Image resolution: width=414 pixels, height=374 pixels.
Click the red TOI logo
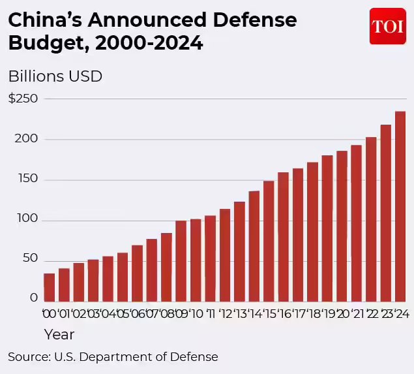pyautogui.click(x=387, y=26)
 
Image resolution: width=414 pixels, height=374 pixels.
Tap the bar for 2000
pyautogui.click(x=49, y=287)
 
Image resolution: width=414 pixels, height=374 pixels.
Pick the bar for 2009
pyautogui.click(x=181, y=261)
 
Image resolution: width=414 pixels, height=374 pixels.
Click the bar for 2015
pyautogui.click(x=269, y=241)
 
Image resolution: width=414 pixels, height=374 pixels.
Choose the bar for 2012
pyautogui.click(x=225, y=255)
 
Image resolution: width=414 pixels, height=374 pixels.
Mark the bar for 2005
pyautogui.click(x=122, y=277)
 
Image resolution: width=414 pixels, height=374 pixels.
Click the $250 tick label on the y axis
pyautogui.click(x=23, y=99)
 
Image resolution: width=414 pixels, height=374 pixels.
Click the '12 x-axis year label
pyautogui.click(x=225, y=314)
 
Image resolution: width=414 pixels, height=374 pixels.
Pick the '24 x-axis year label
pyautogui.click(x=400, y=314)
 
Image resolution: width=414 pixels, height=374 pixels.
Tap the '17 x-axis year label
pyautogui.click(x=298, y=314)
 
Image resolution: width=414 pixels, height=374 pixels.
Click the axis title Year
pyautogui.click(x=59, y=335)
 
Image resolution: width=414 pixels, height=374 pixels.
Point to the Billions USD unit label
pyautogui.click(x=55, y=76)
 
